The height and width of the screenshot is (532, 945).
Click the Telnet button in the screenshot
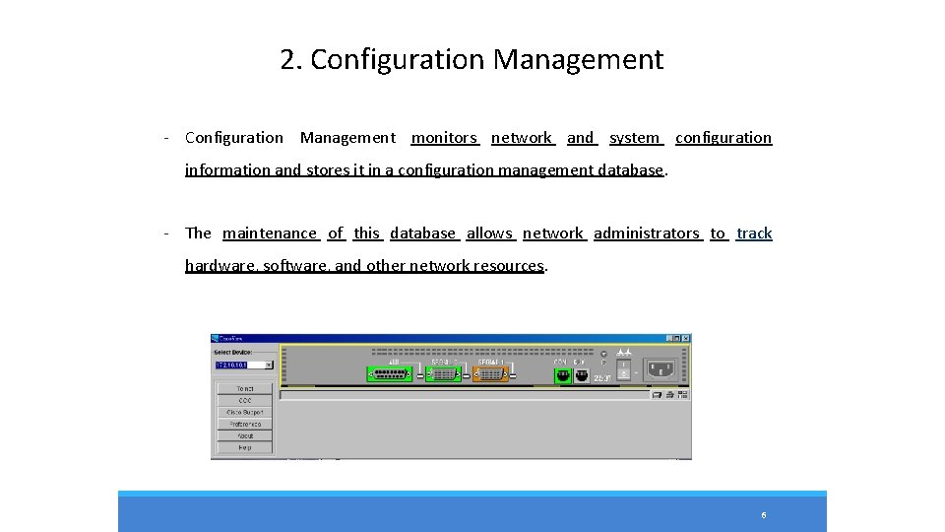click(x=244, y=389)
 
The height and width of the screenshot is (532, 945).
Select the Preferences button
click(x=244, y=424)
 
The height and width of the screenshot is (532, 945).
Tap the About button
click(x=244, y=435)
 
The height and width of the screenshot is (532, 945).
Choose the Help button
click(x=244, y=447)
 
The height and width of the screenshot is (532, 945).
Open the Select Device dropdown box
click(x=269, y=365)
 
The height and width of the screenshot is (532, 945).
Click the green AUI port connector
click(x=390, y=374)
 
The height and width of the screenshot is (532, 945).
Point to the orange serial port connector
click(x=492, y=374)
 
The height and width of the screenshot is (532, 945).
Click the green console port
click(x=564, y=375)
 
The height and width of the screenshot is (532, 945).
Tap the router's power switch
click(x=623, y=369)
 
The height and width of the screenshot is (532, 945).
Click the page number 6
click(x=763, y=515)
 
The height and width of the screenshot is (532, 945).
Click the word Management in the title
click(x=578, y=60)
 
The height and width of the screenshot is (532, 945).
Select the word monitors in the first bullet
click(x=444, y=138)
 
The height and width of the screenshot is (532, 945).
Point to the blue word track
click(x=754, y=233)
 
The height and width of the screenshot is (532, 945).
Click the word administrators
click(x=647, y=233)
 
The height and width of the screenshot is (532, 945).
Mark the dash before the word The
click(x=169, y=233)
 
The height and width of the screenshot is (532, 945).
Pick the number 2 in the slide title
click(x=288, y=60)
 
